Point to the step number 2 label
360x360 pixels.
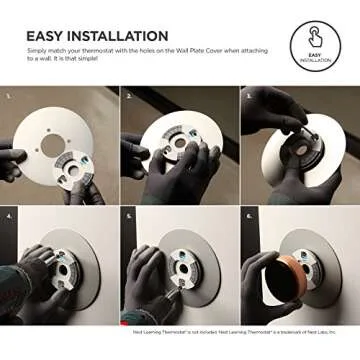click(129, 96)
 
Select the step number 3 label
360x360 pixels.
click(247, 96)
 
